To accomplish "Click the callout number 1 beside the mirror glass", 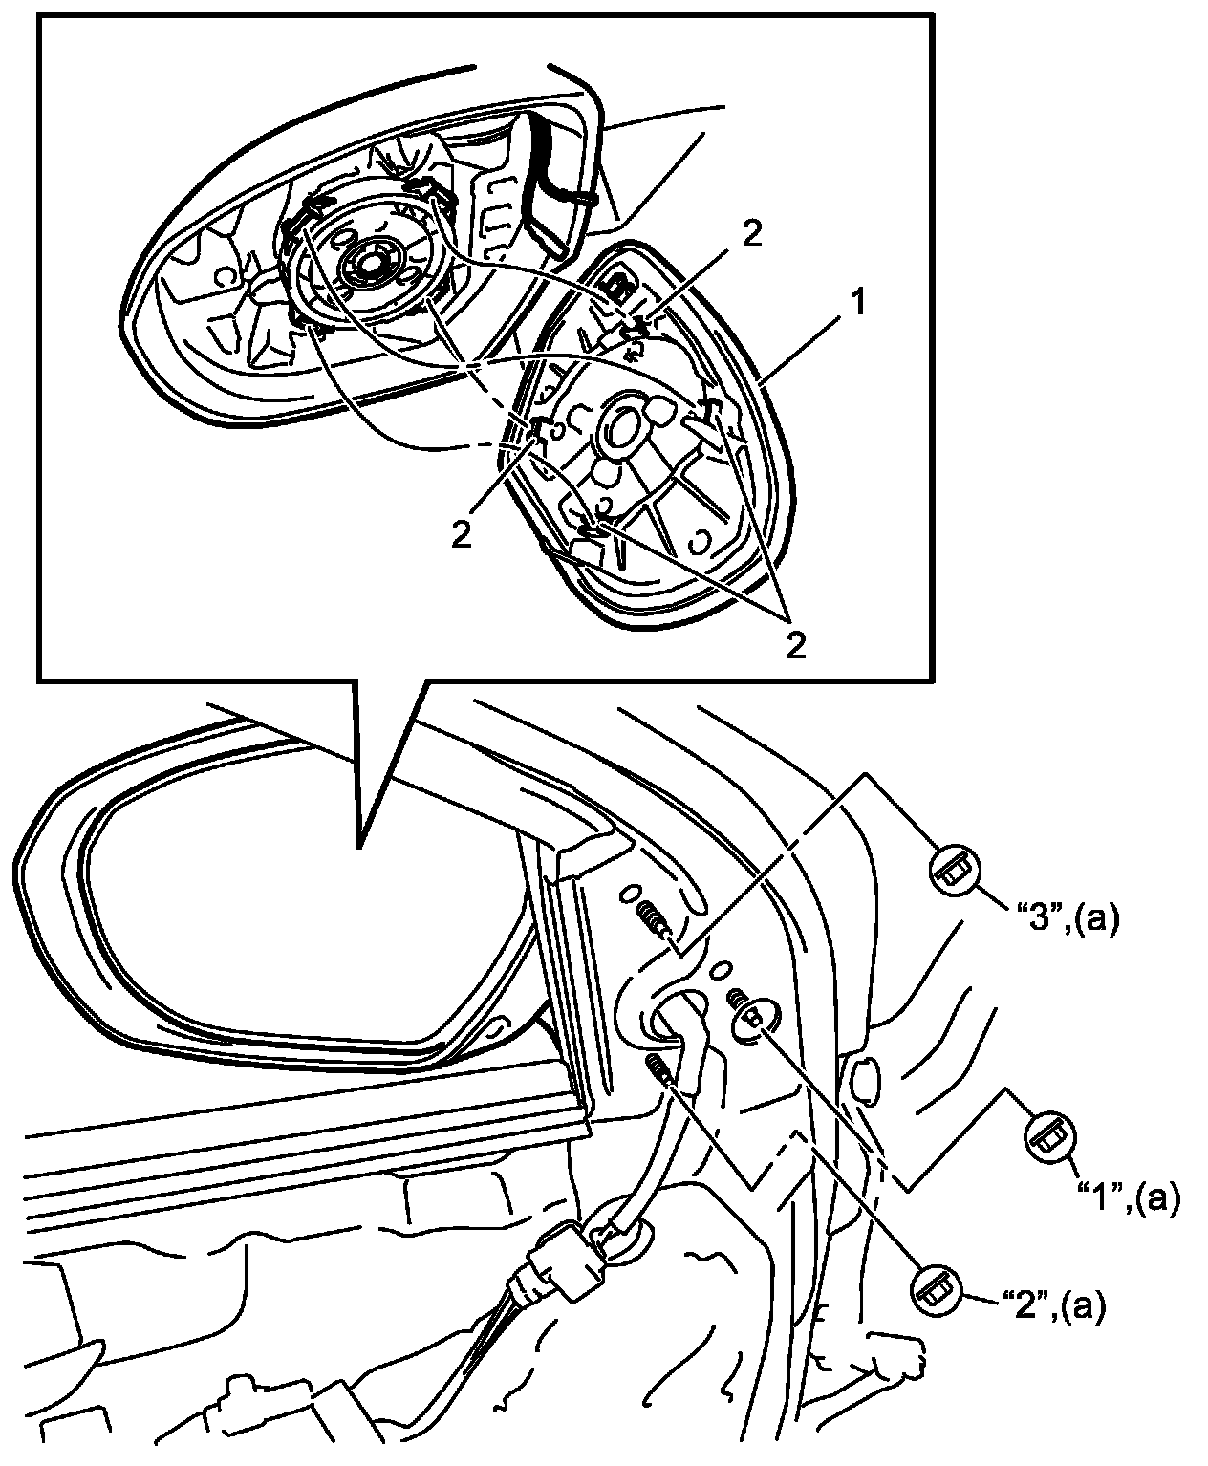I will (857, 306).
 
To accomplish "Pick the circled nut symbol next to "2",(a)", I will (935, 1291).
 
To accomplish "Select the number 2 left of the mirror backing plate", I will (462, 534).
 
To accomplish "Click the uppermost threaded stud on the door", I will (657, 920).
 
